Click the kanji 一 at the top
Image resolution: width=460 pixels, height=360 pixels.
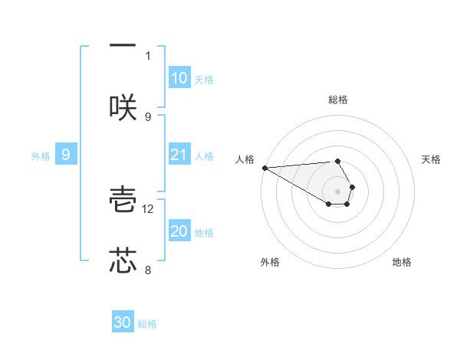point(123,44)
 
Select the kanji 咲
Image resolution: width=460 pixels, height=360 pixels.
point(123,108)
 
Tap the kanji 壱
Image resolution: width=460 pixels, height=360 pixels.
point(123,201)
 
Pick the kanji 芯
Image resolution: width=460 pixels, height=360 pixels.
point(123,260)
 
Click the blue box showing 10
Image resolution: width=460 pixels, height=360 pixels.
point(179,78)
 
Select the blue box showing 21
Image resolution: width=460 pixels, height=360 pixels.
point(179,155)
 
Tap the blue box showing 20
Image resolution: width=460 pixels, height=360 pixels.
point(179,232)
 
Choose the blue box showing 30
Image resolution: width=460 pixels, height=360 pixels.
point(123,323)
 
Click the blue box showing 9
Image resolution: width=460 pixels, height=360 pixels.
point(66,155)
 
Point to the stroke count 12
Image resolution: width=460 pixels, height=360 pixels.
point(149,208)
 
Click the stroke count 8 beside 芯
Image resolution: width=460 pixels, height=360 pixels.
point(148,270)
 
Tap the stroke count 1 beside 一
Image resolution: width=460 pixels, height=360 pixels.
point(148,55)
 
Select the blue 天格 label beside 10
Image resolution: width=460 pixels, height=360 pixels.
point(203,80)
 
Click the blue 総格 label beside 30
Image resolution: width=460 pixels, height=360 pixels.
point(147,324)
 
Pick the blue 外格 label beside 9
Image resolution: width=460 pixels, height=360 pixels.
point(41,156)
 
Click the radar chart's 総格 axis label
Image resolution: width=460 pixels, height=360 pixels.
point(338,100)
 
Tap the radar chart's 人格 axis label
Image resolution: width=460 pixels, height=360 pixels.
point(244,159)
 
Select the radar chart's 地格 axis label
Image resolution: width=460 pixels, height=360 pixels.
point(402,263)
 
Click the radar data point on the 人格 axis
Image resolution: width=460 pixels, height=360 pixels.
point(264,168)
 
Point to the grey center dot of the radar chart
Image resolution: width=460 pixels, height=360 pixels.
point(337,191)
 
